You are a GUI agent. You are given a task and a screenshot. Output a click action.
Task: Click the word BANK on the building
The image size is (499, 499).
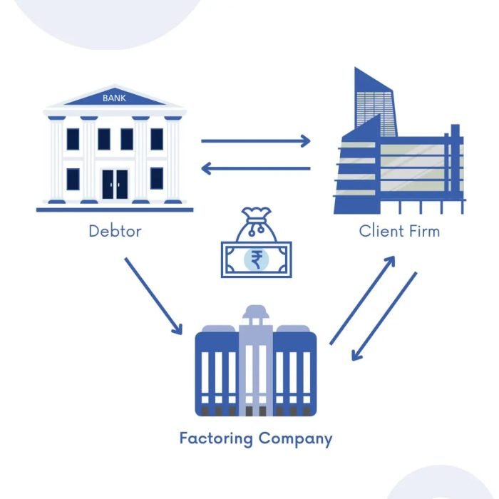(114, 98)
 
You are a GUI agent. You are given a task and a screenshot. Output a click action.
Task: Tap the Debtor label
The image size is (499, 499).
(114, 231)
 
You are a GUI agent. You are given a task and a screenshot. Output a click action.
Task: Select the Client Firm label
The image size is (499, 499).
(399, 231)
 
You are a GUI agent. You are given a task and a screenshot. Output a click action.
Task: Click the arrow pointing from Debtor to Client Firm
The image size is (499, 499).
(256, 140)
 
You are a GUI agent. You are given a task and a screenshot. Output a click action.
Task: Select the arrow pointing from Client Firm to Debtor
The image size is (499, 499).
(256, 169)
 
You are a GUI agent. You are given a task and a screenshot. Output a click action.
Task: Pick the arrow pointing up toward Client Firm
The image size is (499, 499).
(362, 300)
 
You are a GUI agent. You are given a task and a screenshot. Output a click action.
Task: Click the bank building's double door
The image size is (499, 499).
(115, 184)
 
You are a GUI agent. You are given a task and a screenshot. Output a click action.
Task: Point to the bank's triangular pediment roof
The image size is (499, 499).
(114, 97)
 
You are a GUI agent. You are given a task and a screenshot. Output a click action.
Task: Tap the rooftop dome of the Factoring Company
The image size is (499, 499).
(255, 313)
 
